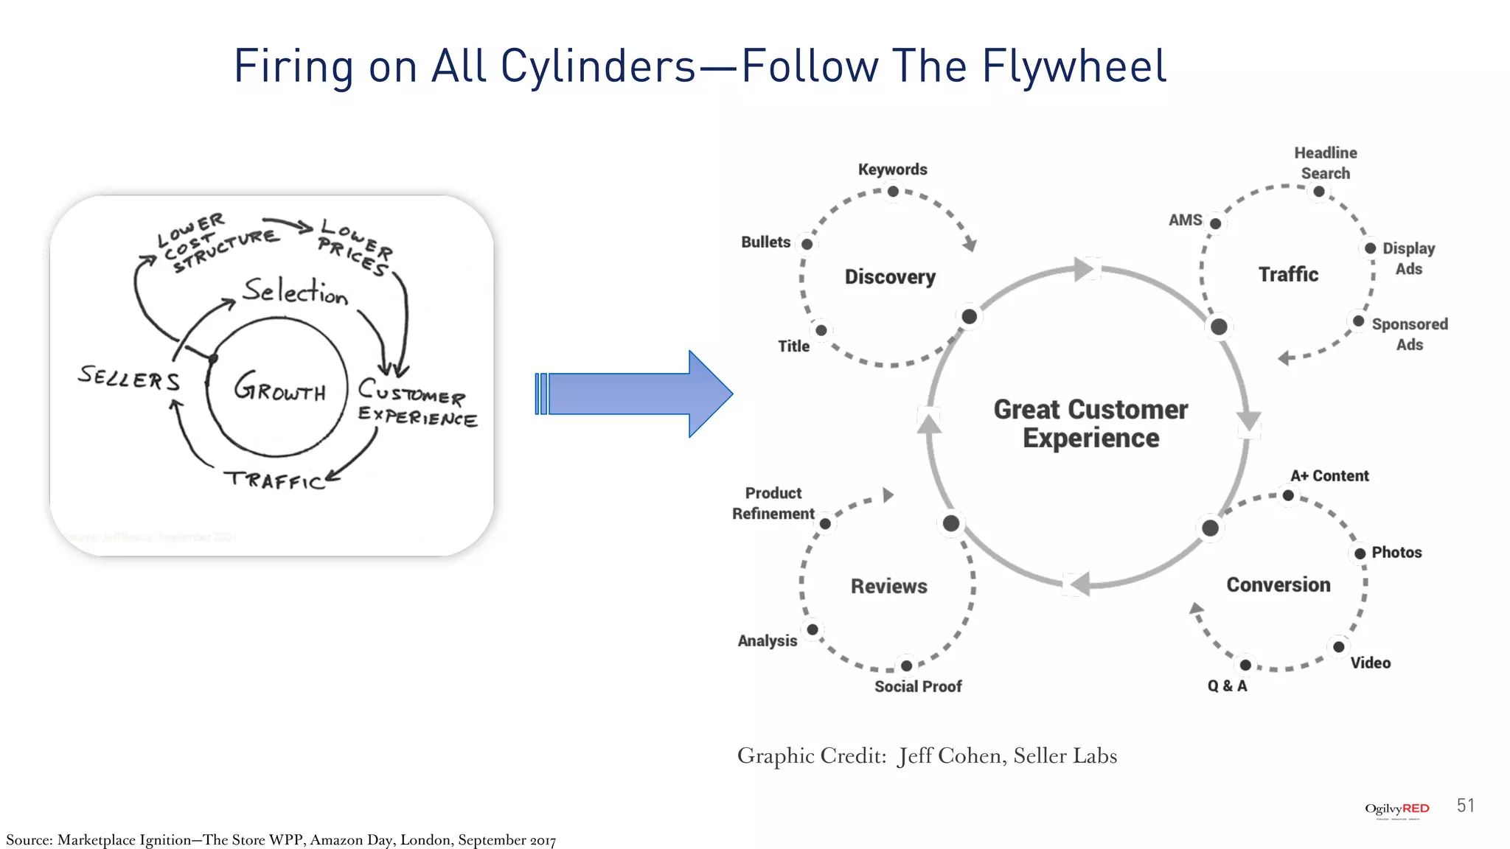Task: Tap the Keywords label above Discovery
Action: [892, 170]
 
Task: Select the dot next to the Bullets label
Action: [807, 244]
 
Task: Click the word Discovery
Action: [890, 277]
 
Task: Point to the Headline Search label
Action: [1325, 163]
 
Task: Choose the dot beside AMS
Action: [1215, 223]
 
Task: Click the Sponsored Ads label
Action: [1409, 334]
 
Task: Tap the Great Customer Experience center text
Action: [1090, 423]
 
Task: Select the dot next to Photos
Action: [1360, 553]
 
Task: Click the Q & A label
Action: [1227, 686]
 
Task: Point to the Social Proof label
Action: [918, 687]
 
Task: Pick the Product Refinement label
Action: [773, 503]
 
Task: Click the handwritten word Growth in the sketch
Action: [279, 388]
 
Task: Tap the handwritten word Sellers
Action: [129, 378]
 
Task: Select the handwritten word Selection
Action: [295, 291]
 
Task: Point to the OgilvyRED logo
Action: [1396, 809]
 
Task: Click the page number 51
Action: [1465, 806]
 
